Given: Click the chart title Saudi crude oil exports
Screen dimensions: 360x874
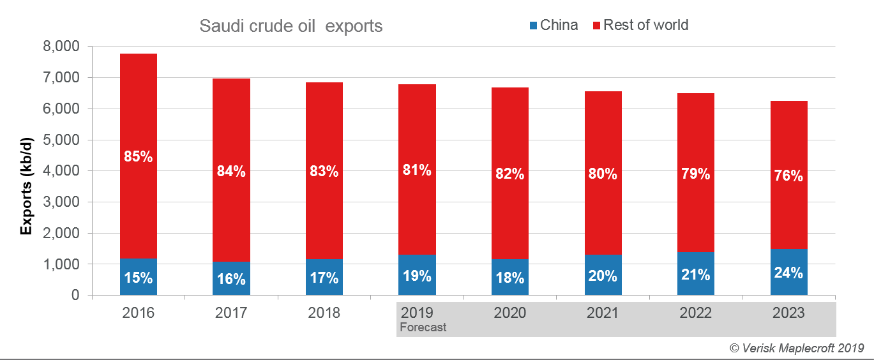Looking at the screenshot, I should (x=290, y=26).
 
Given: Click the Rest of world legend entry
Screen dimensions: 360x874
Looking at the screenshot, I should (x=640, y=26).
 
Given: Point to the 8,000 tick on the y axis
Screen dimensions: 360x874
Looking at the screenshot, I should (x=61, y=47).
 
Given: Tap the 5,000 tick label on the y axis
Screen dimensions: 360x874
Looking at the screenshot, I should (x=61, y=140).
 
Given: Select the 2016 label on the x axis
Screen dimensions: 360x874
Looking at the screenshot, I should (x=138, y=313).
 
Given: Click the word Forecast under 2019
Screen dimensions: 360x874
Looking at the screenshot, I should (x=423, y=327).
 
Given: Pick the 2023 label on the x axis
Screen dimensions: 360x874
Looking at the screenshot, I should (x=788, y=313).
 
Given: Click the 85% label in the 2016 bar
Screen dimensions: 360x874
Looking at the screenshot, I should (x=138, y=156).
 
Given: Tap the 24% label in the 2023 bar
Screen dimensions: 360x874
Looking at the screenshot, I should (x=788, y=273).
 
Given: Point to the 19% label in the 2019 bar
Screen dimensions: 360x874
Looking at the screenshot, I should (x=417, y=276).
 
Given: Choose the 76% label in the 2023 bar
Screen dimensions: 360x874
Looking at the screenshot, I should (x=788, y=176).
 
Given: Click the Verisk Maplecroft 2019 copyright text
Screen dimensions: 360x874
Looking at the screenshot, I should (x=796, y=348).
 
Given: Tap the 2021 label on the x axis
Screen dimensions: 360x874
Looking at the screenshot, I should (x=603, y=313).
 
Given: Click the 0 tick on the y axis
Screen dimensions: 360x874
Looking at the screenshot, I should (x=75, y=296).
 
